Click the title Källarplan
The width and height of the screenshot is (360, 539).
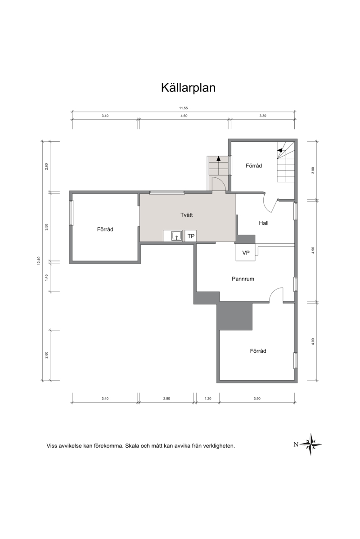click(188, 88)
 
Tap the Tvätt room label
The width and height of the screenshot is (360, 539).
click(187, 215)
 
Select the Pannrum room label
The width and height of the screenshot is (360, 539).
click(243, 279)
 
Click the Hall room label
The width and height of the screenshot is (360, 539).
click(264, 223)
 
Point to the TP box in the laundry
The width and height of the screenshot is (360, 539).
click(191, 236)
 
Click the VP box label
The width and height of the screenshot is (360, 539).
click(246, 253)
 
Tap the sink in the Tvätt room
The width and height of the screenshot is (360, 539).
click(176, 236)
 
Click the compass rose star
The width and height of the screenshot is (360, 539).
click(311, 444)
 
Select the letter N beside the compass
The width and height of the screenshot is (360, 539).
click(296, 445)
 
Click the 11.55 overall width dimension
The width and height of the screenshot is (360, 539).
click(183, 108)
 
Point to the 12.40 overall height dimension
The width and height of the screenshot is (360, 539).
click(39, 261)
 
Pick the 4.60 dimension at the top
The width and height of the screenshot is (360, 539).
click(184, 116)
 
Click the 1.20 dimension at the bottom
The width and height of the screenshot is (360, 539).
click(208, 399)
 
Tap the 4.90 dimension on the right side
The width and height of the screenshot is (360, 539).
click(313, 250)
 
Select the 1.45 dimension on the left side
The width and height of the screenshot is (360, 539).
click(46, 277)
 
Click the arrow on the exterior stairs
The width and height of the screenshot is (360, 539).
click(218, 158)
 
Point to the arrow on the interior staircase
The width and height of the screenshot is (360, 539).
click(280, 150)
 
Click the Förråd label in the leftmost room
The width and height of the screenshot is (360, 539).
click(105, 229)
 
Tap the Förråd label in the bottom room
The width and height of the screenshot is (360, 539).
click(258, 351)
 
